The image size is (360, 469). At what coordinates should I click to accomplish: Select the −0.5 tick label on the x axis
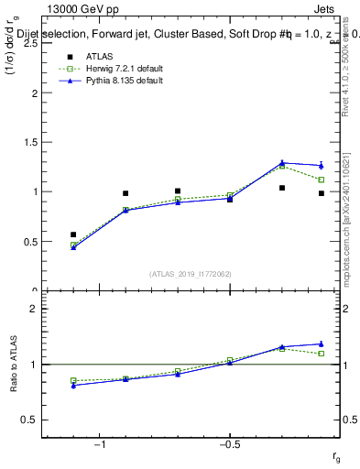point(227,445)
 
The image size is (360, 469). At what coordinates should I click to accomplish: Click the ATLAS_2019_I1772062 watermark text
point(191,273)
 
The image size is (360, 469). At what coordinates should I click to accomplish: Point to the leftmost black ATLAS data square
point(73,234)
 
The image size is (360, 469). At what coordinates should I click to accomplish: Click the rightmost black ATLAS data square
point(322,193)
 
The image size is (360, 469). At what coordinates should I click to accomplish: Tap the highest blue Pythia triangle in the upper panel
point(282,162)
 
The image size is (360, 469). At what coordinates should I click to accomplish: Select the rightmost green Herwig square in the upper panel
point(322,180)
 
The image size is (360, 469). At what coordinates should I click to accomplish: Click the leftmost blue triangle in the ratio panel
point(73,385)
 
